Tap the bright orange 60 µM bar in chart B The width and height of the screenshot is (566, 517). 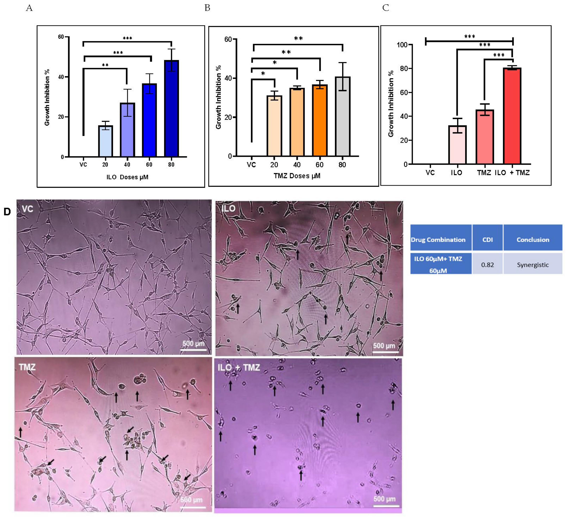tap(320, 120)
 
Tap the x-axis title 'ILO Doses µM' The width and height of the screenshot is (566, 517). tap(127, 177)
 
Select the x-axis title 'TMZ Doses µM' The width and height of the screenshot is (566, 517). tap(297, 176)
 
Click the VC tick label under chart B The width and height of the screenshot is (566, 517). tap(251, 165)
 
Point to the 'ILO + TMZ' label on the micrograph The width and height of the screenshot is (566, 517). tap(239, 367)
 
